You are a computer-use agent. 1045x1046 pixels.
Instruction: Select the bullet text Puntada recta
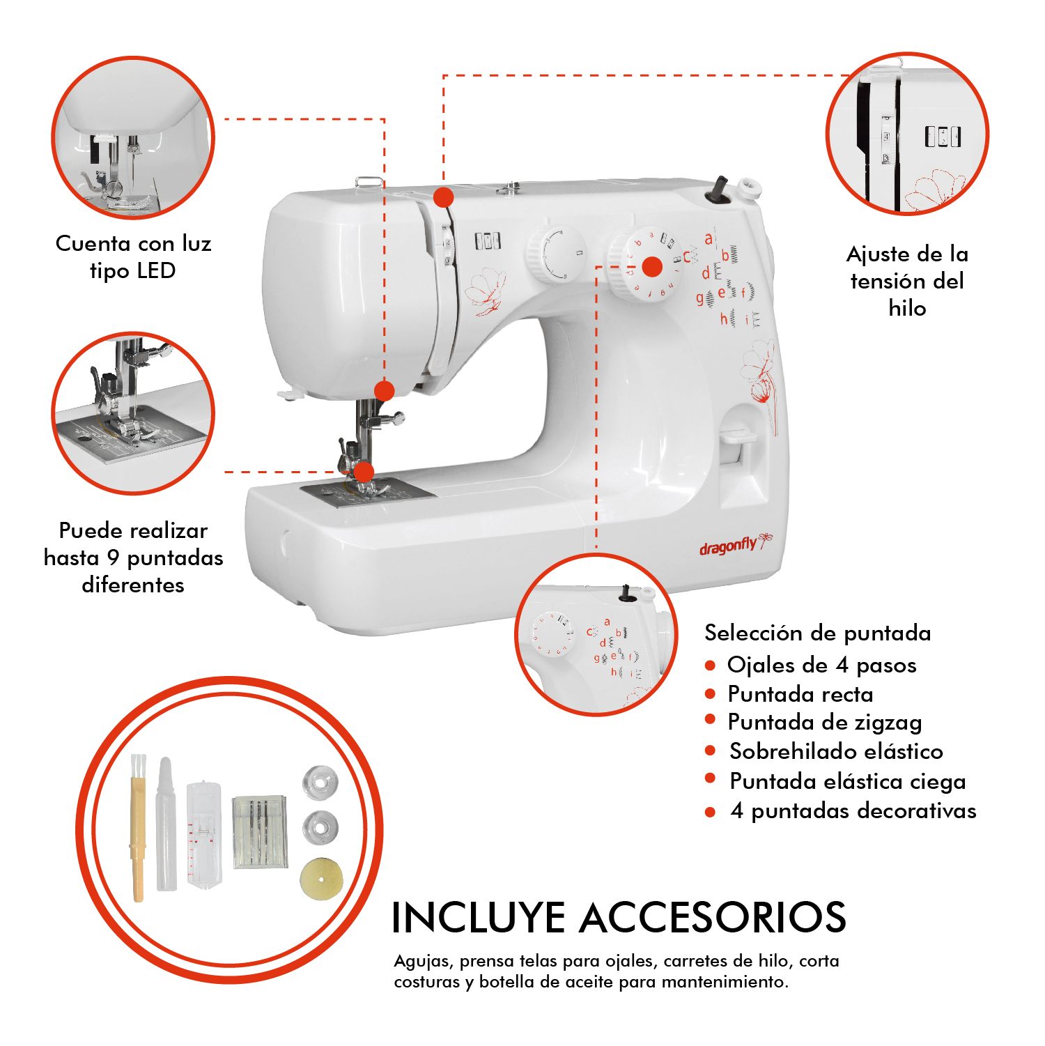[800, 694]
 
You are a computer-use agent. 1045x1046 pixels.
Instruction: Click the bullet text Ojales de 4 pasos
[821, 665]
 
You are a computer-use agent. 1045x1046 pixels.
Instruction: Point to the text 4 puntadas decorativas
[853, 810]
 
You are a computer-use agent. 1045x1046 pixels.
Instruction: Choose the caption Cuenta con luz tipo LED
[133, 256]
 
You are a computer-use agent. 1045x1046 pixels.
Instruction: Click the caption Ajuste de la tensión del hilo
[907, 280]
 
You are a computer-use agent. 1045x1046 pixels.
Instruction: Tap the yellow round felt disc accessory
[322, 878]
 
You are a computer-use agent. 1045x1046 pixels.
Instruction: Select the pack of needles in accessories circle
[260, 831]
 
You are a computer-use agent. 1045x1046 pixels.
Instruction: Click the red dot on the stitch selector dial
[652, 266]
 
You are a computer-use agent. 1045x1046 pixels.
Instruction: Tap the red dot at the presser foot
[364, 472]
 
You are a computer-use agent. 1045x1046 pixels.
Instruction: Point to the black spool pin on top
[719, 190]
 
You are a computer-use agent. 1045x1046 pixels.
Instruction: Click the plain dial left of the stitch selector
[556, 254]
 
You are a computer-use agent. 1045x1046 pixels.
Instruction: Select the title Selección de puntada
[817, 633]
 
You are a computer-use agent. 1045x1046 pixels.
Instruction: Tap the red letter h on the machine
[724, 319]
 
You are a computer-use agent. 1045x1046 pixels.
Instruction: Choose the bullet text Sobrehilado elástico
[836, 751]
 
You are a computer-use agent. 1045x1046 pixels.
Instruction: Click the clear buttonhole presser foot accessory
[204, 835]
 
